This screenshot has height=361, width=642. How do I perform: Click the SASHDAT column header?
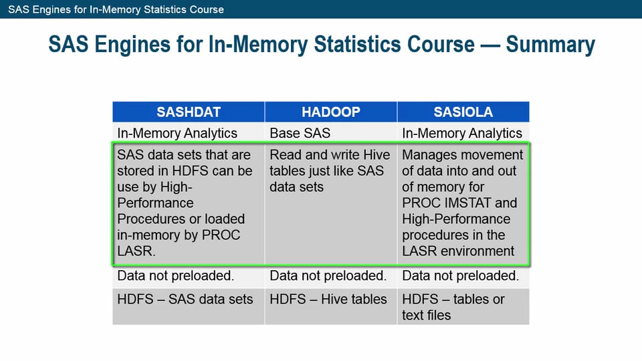[188, 112]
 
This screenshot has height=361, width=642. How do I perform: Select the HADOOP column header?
[330, 112]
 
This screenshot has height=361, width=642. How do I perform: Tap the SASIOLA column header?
[462, 112]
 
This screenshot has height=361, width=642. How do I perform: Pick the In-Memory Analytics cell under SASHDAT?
[177, 133]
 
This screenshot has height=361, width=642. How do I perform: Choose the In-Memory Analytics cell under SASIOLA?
[462, 133]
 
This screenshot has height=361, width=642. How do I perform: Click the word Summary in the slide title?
[550, 44]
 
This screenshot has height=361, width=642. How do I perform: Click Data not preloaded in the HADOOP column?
[328, 275]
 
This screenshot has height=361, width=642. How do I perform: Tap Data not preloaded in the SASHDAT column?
[176, 275]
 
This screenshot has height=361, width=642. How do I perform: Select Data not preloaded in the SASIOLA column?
[460, 275]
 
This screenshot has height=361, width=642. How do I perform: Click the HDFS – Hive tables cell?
[328, 299]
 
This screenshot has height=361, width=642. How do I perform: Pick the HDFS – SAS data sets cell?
[185, 299]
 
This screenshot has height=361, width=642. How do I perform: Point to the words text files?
[427, 315]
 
